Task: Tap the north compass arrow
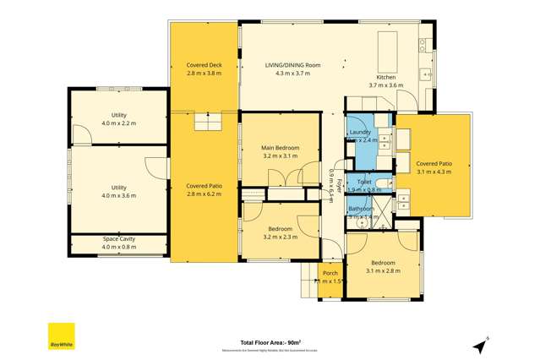pyautogui.click(x=481, y=346)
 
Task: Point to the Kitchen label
pyautogui.click(x=385, y=77)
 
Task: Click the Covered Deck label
pyautogui.click(x=203, y=64)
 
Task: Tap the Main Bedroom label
pyautogui.click(x=281, y=148)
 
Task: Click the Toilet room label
pyautogui.click(x=365, y=182)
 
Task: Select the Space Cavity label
pyautogui.click(x=118, y=239)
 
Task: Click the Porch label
pyautogui.click(x=330, y=272)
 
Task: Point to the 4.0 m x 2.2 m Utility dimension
pyautogui.click(x=118, y=123)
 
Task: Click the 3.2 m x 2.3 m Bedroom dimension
pyautogui.click(x=281, y=237)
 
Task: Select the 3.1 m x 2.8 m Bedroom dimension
pyautogui.click(x=383, y=270)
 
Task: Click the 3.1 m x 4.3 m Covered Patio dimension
pyautogui.click(x=433, y=172)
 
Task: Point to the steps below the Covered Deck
pyautogui.click(x=207, y=124)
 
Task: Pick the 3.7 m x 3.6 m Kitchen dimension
pyautogui.click(x=385, y=85)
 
